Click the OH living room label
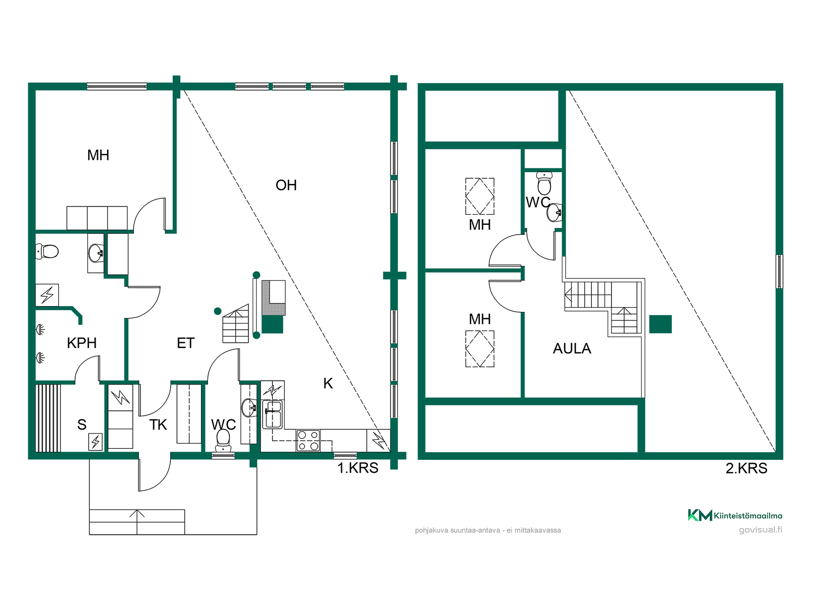(286, 185)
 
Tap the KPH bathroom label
(82, 343)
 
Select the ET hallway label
(186, 343)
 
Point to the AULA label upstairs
(572, 348)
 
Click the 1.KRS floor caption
(358, 468)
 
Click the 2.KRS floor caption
(746, 468)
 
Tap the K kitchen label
(328, 383)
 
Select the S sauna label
(82, 425)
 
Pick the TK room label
(158, 425)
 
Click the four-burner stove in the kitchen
(308, 441)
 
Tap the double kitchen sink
(273, 414)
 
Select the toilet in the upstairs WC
(544, 183)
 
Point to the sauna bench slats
(48, 418)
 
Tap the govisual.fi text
(760, 530)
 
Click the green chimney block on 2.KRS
(660, 324)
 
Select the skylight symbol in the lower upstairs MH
(480, 349)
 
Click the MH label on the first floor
(98, 155)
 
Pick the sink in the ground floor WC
(249, 408)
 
